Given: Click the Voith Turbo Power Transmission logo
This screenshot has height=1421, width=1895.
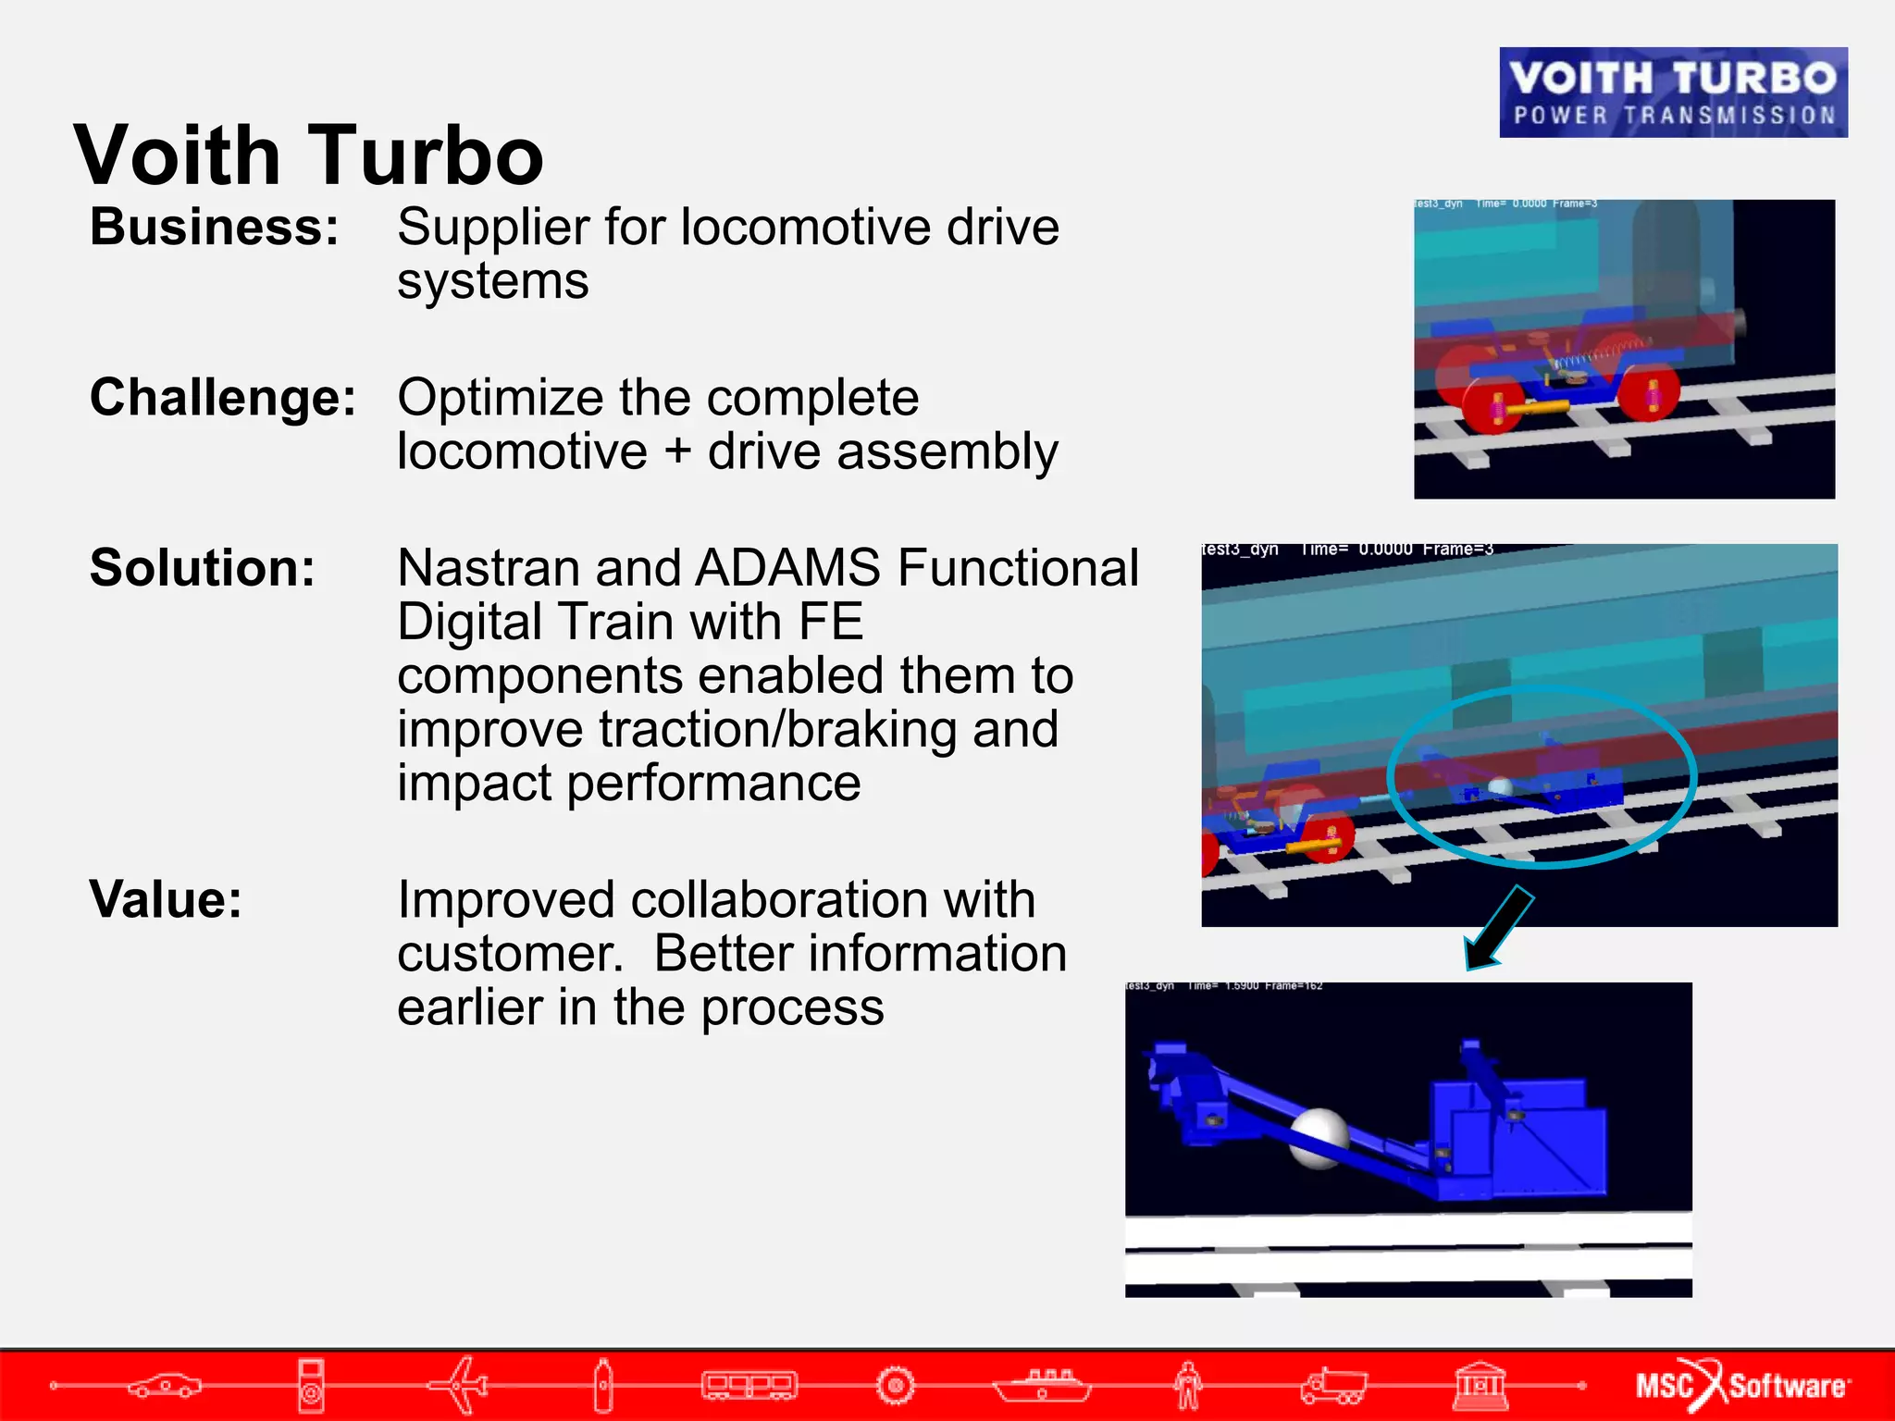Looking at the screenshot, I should [x=1673, y=93].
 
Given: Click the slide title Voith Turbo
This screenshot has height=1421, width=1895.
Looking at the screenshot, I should [x=308, y=154].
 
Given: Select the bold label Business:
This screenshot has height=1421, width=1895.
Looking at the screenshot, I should [x=215, y=227].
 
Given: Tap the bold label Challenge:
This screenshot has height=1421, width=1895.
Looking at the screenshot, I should [x=223, y=398].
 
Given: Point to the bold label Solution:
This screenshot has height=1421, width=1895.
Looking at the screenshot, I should [x=203, y=567].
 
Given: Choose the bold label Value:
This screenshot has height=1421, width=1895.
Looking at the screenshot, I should [x=166, y=899].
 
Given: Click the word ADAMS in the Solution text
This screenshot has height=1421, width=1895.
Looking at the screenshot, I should [x=787, y=567].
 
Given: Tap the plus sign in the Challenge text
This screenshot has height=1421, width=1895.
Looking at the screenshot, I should [x=677, y=452].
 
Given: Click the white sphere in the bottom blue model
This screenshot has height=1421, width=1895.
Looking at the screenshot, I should [x=1318, y=1138].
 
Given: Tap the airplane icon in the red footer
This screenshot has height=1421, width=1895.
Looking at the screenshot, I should [x=460, y=1385].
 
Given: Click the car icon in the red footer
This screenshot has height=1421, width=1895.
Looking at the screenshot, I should [x=165, y=1385].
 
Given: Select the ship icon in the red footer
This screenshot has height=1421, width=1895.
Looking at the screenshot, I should [x=1042, y=1385].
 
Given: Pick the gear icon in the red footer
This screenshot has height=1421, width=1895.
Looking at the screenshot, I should [x=895, y=1385].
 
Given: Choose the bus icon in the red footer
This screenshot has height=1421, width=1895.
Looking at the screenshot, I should [x=749, y=1385].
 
